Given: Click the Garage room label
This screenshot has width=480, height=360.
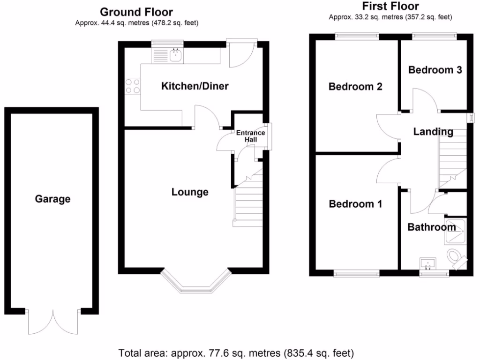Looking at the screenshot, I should click(52, 199).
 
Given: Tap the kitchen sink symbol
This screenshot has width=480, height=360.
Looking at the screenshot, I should click(177, 57).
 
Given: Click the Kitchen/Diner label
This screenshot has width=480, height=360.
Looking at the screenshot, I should click(195, 86).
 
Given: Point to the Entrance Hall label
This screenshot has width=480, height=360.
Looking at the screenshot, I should click(250, 136).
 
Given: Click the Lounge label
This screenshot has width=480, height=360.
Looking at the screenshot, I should click(190, 192).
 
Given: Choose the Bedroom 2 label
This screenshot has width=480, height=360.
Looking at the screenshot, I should click(355, 87).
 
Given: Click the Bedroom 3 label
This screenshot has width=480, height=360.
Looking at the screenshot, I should click(435, 70).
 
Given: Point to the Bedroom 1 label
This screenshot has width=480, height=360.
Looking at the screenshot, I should click(355, 204).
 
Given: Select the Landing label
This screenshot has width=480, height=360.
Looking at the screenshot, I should click(433, 132).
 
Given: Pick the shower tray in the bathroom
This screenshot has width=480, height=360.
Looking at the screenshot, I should click(455, 231).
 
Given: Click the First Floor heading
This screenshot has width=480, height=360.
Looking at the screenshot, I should click(390, 6).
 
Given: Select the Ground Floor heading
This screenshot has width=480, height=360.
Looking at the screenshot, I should click(136, 12).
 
